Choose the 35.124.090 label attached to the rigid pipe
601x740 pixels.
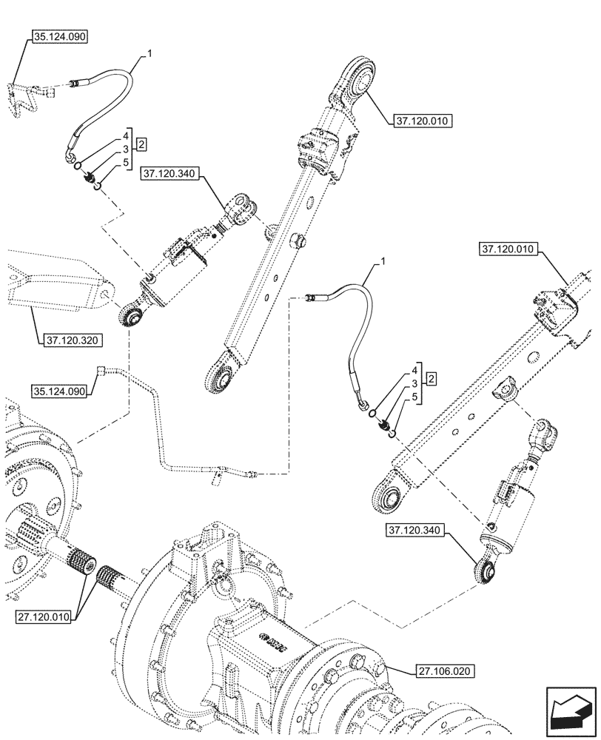click(x=59, y=390)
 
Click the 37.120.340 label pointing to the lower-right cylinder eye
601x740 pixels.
click(x=416, y=530)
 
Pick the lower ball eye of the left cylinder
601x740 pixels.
click(x=133, y=317)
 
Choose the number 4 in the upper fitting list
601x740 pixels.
click(x=126, y=137)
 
